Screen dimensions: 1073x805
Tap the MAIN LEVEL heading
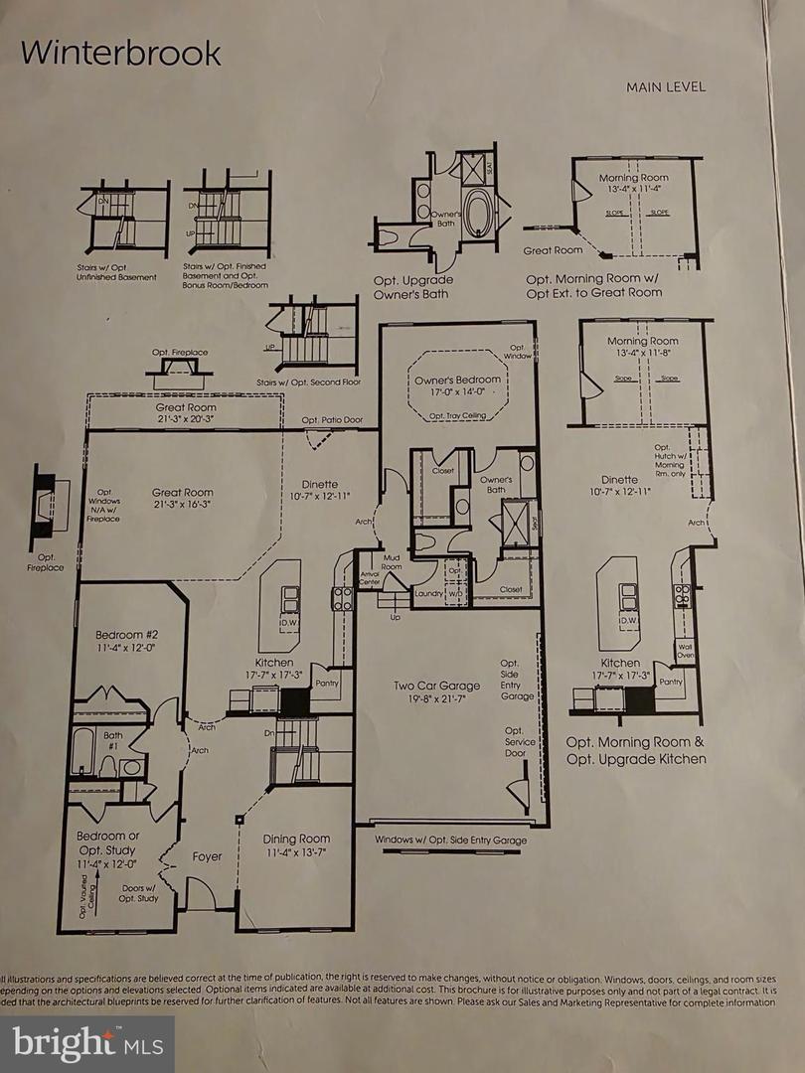pos(665,86)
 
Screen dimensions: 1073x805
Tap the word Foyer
pos(206,855)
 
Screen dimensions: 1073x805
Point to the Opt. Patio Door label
pos(333,420)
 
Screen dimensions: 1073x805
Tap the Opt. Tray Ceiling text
pos(457,416)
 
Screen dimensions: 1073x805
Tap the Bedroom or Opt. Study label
pos(108,843)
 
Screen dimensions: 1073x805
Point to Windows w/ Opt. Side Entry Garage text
pos(451,841)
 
